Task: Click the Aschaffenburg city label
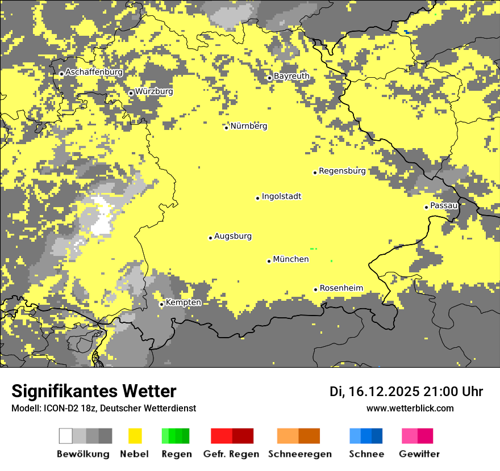pos(94,73)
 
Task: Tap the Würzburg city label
pos(154,91)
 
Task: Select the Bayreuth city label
pos(291,76)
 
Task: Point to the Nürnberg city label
pos(248,126)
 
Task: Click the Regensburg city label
pos(342,171)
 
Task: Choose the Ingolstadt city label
pos(281,197)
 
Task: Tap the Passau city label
pos(444,205)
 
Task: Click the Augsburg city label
pos(232,237)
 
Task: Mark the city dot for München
pos(269,261)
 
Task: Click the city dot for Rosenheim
pos(316,289)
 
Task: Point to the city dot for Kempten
pos(161,304)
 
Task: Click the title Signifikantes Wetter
pos(94,392)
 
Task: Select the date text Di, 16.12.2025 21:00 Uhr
pos(406,392)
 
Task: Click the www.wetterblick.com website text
pos(410,408)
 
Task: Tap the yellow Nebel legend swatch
pos(135,436)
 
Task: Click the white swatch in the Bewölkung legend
pos(66,436)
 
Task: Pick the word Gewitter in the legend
pos(419,454)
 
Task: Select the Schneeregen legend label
pos(300,454)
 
